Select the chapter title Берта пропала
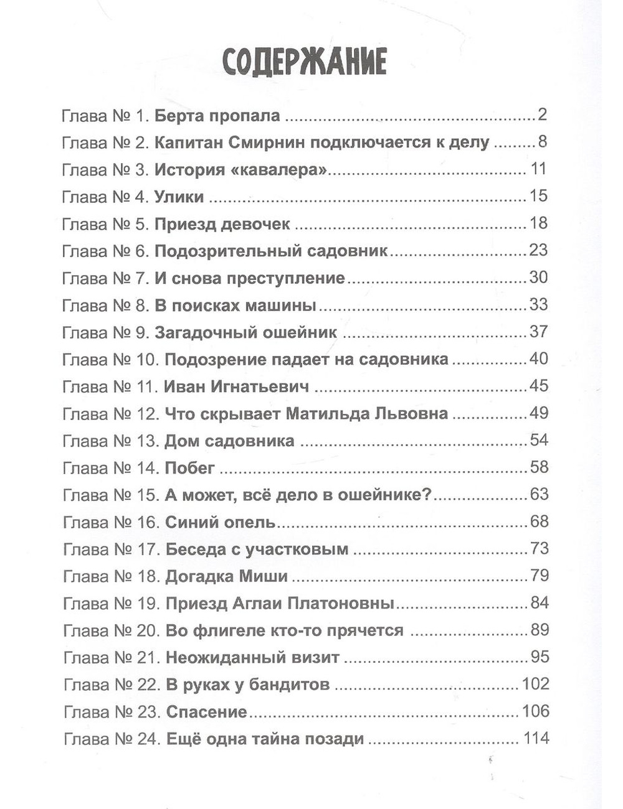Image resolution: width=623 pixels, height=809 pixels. [x=217, y=116]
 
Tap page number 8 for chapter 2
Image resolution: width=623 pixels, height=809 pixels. [x=542, y=143]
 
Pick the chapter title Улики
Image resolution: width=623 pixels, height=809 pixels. [x=179, y=197]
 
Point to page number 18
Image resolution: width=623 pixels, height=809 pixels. [x=538, y=223]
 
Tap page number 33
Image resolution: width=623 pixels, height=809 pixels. [x=538, y=305]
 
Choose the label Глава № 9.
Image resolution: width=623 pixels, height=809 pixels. [x=105, y=332]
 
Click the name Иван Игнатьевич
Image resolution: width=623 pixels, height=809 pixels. [x=237, y=386]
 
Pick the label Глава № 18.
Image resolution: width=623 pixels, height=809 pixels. [x=111, y=576]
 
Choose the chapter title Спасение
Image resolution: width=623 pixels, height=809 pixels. [x=206, y=712]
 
